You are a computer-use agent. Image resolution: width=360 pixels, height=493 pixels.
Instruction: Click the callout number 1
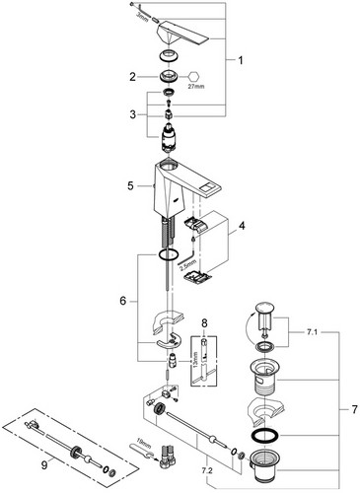pyautogui.click(x=241, y=60)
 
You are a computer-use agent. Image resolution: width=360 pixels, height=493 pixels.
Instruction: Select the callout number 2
pyautogui.click(x=132, y=77)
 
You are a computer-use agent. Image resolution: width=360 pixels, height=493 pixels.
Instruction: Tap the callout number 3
pyautogui.click(x=132, y=114)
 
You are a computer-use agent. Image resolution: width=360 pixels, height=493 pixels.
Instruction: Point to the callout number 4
pyautogui.click(x=242, y=226)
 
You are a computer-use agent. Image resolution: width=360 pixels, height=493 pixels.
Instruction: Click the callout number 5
pyautogui.click(x=130, y=186)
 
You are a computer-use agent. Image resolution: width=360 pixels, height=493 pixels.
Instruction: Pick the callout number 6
pyautogui.click(x=122, y=301)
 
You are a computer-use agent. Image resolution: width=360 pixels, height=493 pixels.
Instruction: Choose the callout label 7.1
pyautogui.click(x=313, y=332)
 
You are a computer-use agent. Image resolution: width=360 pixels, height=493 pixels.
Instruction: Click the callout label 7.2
pyautogui.click(x=208, y=471)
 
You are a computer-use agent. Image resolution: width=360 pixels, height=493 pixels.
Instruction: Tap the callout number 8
pyautogui.click(x=204, y=323)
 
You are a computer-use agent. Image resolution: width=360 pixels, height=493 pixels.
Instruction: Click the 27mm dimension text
pyautogui.click(x=197, y=87)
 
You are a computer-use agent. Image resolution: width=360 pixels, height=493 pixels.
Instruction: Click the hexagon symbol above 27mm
pyautogui.click(x=193, y=77)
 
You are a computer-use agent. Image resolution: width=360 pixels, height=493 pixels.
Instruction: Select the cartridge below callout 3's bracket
pyautogui.click(x=169, y=138)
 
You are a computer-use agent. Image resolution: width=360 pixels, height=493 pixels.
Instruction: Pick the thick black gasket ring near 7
pyautogui.click(x=264, y=436)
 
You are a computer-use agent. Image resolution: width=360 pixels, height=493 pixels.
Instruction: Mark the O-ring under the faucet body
pyautogui.click(x=168, y=254)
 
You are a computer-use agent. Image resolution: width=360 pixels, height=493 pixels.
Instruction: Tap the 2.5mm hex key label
pyautogui.click(x=187, y=265)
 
